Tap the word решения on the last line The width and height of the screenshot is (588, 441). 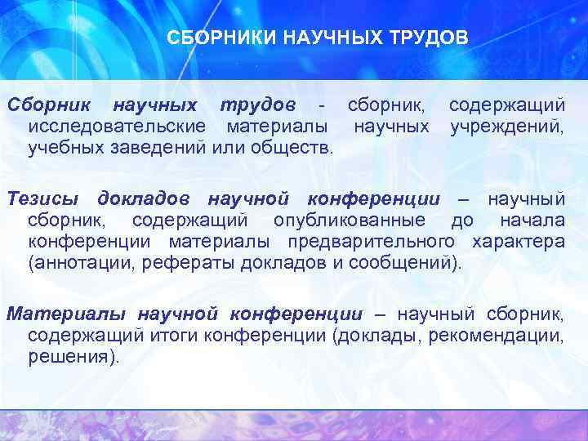(x=71, y=356)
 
